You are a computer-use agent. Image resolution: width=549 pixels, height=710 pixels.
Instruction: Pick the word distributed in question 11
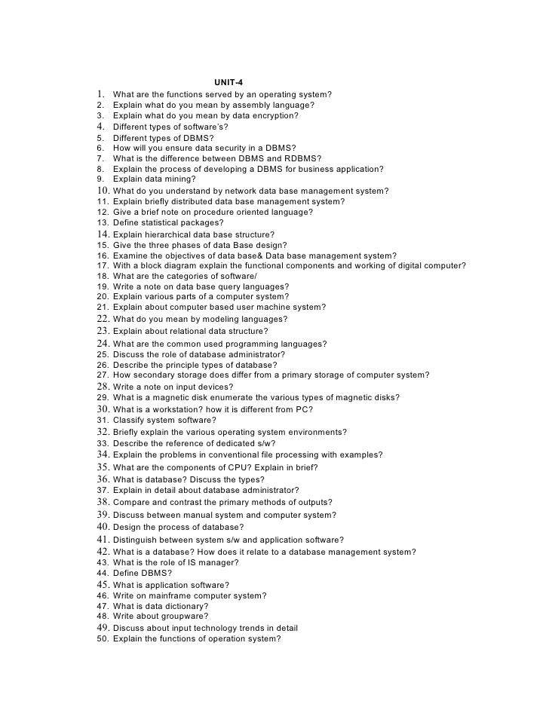click(x=196, y=201)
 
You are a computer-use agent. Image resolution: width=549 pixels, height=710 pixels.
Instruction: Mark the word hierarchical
click(x=174, y=234)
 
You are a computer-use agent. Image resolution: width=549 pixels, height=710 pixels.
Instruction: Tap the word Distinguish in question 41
click(x=135, y=540)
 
